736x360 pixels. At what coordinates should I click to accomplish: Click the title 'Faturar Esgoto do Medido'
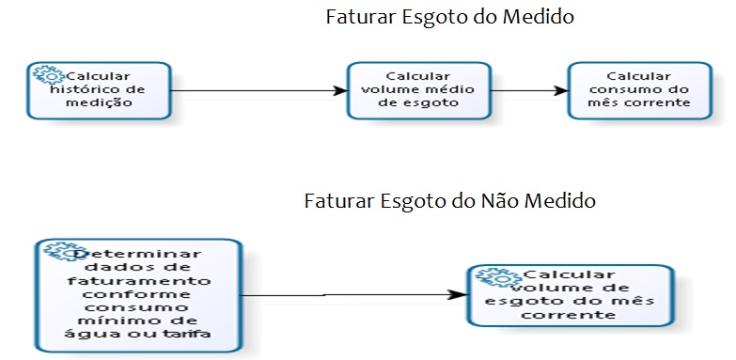pos(449,17)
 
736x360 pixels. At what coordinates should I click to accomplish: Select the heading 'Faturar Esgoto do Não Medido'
pos(450,202)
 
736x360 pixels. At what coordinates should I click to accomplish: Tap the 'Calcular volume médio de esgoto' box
pos(418,90)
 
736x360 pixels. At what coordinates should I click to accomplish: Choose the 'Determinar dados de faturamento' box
pos(140,294)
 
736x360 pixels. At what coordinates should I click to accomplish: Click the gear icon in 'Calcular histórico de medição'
pos(43,76)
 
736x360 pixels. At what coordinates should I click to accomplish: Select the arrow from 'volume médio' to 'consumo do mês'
pos(529,91)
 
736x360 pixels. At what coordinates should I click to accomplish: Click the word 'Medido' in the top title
pos(540,17)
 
